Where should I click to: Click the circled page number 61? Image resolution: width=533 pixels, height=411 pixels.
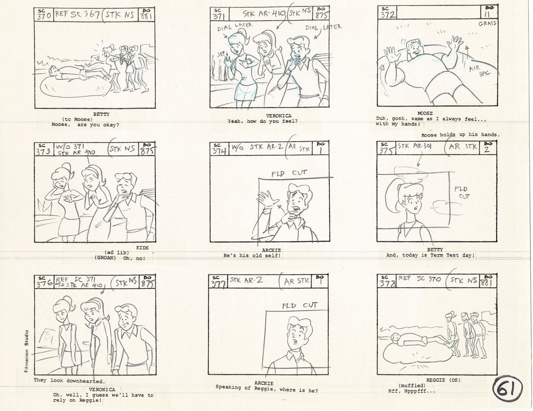508,389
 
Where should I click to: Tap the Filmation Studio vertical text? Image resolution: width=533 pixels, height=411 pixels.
27,351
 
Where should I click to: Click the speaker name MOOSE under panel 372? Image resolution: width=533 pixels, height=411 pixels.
425,113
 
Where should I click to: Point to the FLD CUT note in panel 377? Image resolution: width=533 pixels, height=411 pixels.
300,306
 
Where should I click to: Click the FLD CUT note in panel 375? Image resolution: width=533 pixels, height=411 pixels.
461,192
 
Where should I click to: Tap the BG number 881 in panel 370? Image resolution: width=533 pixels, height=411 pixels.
146,15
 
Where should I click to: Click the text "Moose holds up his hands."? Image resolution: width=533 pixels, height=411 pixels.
460,135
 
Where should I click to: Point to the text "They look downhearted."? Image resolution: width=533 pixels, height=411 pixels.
69,380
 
